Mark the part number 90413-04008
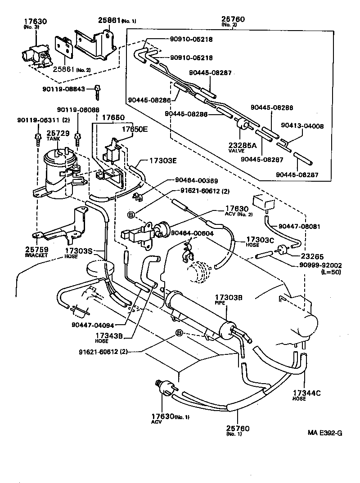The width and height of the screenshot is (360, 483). coord(302,126)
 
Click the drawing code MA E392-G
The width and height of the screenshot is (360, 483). coord(325,433)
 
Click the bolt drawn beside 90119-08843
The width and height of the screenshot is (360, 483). coord(97,93)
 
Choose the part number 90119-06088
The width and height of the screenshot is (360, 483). coord(78,110)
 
